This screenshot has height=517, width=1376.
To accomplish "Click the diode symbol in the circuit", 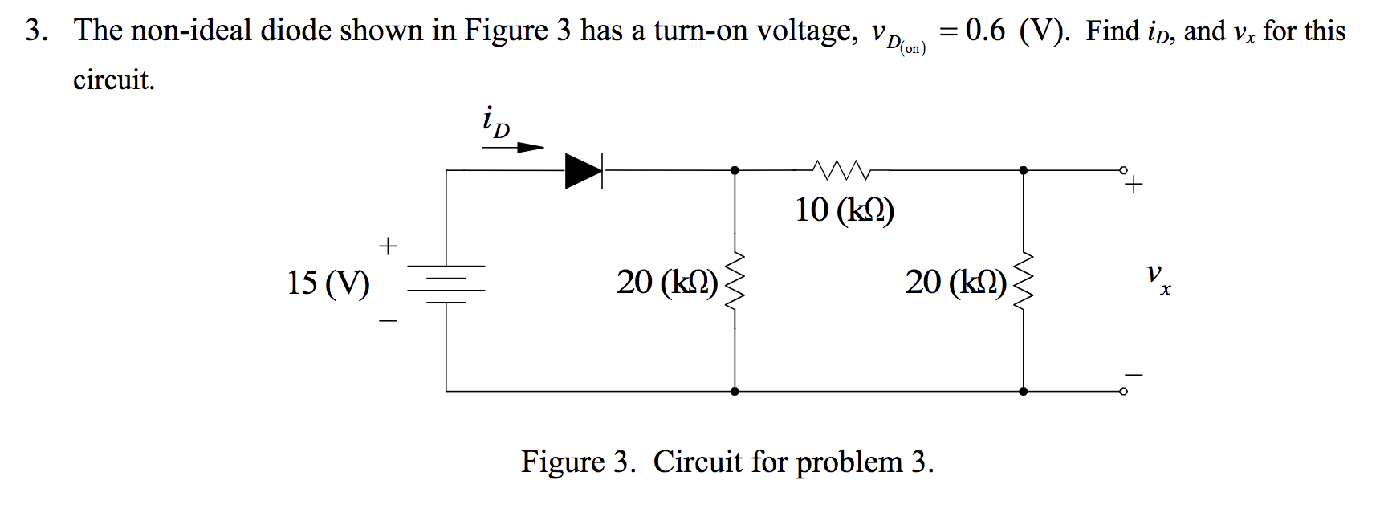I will click(584, 170).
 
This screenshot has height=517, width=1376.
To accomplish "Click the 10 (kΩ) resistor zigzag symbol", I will click(840, 169).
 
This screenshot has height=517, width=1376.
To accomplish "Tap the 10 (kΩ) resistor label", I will click(845, 210).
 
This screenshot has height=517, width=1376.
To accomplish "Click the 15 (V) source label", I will click(328, 283).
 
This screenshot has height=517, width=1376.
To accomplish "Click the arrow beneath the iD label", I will click(514, 148).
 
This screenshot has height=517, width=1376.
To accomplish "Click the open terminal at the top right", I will click(1124, 170).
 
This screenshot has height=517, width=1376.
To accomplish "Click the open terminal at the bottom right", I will click(1124, 392).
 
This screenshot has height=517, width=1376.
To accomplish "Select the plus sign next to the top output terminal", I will click(1134, 186).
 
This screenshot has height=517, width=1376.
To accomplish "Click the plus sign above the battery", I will click(388, 245).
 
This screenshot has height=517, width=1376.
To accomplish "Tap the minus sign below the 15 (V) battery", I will click(388, 322).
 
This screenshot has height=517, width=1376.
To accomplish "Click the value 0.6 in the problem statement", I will click(985, 31).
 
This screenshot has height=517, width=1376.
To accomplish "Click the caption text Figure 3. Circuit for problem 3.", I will click(727, 462).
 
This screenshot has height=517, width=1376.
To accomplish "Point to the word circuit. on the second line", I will click(113, 79).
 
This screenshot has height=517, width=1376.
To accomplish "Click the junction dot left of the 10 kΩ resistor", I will click(735, 170).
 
